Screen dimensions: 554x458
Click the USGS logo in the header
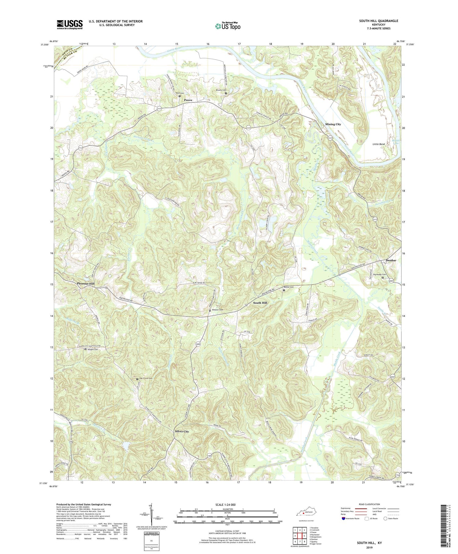coord(70,24)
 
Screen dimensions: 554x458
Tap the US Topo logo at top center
coord(227,26)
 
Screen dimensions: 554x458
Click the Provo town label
coord(188,100)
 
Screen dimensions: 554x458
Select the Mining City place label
coord(333,124)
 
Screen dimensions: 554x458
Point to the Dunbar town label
coord(391,260)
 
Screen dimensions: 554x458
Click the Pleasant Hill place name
coord(85,284)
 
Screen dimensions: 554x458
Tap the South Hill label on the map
coord(260,303)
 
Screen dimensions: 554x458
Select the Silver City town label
coord(182,431)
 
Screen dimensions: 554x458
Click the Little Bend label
coord(378,144)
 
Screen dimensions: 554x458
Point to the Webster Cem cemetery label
coord(217,310)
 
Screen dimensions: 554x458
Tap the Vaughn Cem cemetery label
coord(93,349)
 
